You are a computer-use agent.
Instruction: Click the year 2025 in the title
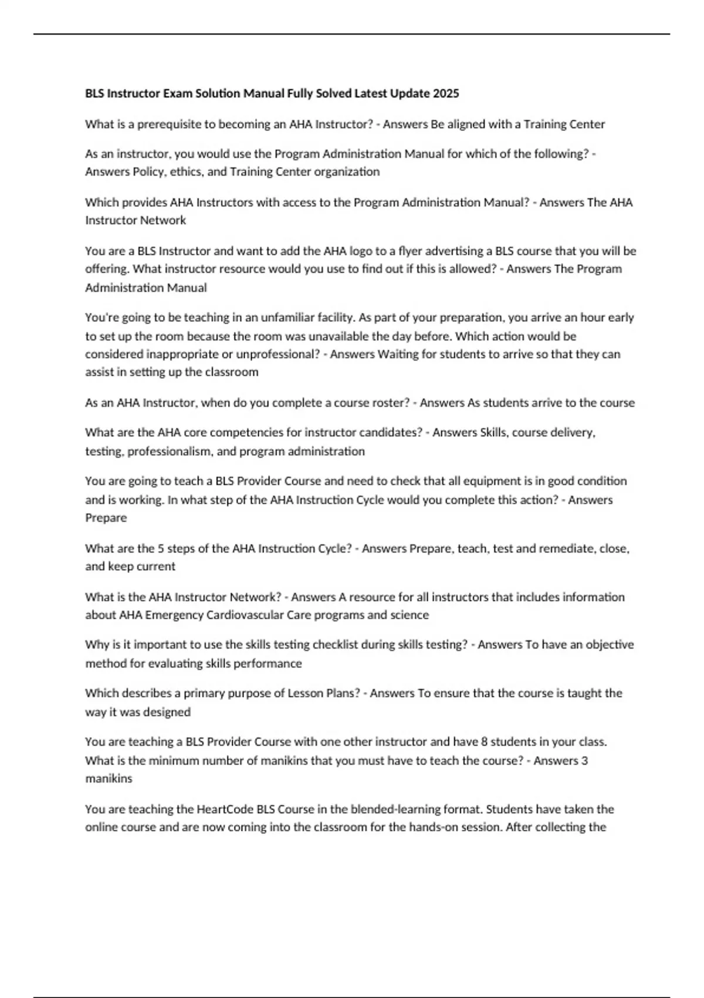446,93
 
